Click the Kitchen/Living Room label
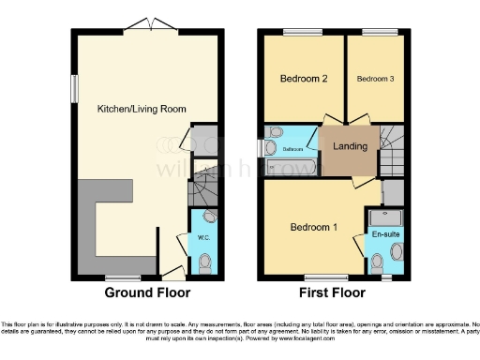pos(142,109)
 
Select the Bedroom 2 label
pos(303,79)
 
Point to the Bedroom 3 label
pos(374,79)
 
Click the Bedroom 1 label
pos(312,227)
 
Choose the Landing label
pos(350,146)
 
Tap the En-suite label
pos(384,233)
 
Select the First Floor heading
pos(332,293)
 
